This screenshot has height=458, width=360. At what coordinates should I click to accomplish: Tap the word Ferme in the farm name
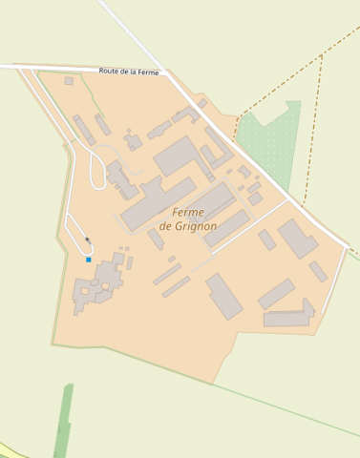[x=194, y=212]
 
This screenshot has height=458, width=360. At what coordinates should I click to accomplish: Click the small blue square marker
[x=89, y=260]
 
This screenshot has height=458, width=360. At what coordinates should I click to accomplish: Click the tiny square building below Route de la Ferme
[x=69, y=81]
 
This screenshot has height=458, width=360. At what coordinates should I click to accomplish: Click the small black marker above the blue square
[x=87, y=239]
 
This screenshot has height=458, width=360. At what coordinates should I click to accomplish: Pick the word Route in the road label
[x=112, y=71]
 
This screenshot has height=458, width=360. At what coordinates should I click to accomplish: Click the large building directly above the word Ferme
[x=178, y=155]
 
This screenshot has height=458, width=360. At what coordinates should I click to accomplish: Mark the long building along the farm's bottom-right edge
[x=286, y=319]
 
